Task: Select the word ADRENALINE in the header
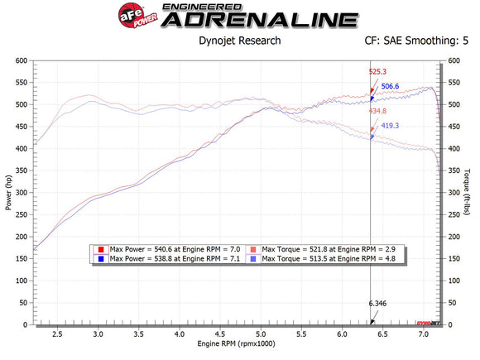point(259,20)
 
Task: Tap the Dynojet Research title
point(240,40)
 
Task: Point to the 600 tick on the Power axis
point(20,60)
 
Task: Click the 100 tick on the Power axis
point(20,281)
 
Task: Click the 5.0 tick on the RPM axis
point(261,334)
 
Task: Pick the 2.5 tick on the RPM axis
point(57,334)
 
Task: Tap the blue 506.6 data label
point(391,86)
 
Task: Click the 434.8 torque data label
point(377,111)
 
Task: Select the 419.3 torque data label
point(390,126)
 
